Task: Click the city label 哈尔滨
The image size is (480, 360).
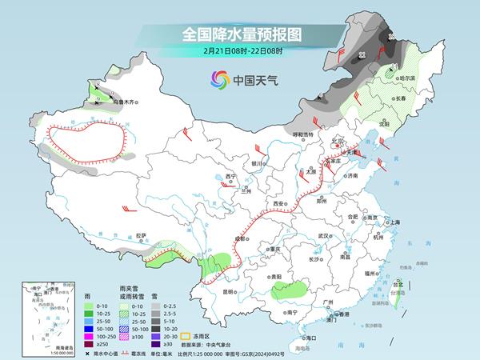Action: coord(408,78)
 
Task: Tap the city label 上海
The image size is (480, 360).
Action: coord(393,222)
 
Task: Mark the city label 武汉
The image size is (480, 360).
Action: coord(324,236)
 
